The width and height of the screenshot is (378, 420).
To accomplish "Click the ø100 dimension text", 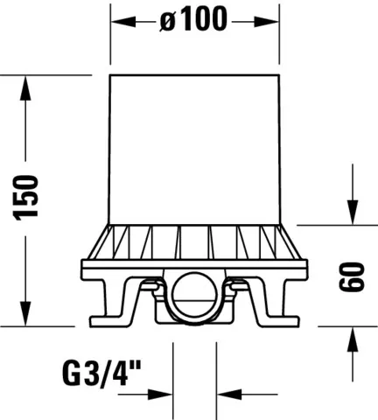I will pyautogui.click(x=193, y=21).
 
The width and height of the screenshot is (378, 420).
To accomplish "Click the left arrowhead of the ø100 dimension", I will pyautogui.click(x=122, y=22).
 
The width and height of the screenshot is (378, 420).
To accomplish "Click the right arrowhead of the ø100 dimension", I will pyautogui.click(x=268, y=22).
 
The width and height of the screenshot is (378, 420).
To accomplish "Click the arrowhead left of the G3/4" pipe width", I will pyautogui.click(x=163, y=393).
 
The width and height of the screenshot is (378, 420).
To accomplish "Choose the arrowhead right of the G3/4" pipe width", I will pyautogui.click(x=227, y=393).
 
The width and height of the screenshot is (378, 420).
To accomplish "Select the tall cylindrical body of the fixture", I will pyautogui.click(x=194, y=149).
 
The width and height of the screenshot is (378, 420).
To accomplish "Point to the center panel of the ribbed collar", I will pyautogui.click(x=194, y=241).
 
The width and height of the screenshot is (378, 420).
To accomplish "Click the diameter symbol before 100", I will pyautogui.click(x=169, y=22).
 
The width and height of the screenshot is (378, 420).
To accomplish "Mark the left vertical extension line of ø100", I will pyautogui.click(x=111, y=35).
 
